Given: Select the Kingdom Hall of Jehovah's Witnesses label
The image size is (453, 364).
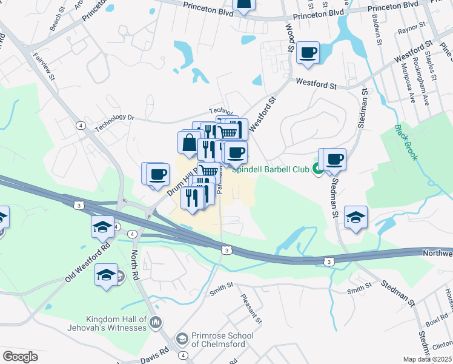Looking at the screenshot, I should point(116,323).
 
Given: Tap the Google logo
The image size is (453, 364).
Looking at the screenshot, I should point(20,357).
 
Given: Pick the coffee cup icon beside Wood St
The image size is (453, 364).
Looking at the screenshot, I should point(308,53).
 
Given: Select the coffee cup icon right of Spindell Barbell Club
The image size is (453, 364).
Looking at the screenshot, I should point(334,160).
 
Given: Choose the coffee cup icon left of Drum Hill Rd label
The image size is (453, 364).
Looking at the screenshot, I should point(157,174).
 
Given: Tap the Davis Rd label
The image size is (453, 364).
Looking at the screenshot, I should point(157,353).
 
